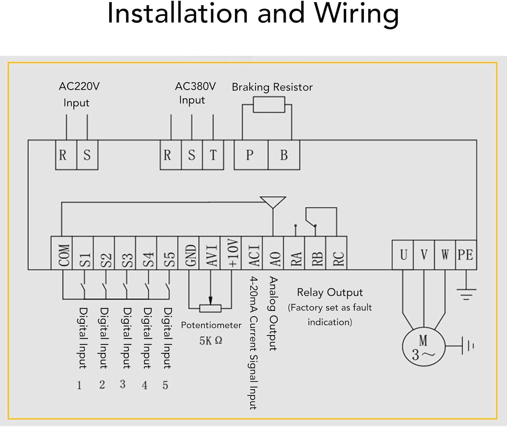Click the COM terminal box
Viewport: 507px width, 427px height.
click(x=62, y=253)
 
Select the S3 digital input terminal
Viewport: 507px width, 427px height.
click(x=125, y=253)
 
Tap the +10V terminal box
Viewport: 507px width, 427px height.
click(x=231, y=253)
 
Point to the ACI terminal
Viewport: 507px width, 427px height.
click(x=252, y=253)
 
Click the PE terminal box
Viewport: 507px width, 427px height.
click(x=466, y=255)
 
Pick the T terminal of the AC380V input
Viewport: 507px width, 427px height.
click(x=213, y=155)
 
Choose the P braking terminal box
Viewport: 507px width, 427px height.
click(x=251, y=155)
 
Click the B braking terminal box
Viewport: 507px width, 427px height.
click(x=284, y=155)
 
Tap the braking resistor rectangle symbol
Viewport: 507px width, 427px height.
click(x=269, y=104)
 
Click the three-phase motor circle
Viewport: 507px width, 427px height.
click(x=423, y=347)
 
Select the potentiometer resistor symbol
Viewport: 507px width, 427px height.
click(x=210, y=308)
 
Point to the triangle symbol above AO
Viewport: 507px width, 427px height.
click(x=273, y=202)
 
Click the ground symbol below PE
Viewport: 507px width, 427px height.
click(x=466, y=294)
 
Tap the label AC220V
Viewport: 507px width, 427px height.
click(x=79, y=86)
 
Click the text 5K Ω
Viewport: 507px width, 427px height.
click(x=211, y=341)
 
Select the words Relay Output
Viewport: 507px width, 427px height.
click(x=330, y=292)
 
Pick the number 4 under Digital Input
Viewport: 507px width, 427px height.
click(x=145, y=385)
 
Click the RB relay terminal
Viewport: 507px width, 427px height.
click(x=315, y=253)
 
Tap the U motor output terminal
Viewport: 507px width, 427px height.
click(x=403, y=255)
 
